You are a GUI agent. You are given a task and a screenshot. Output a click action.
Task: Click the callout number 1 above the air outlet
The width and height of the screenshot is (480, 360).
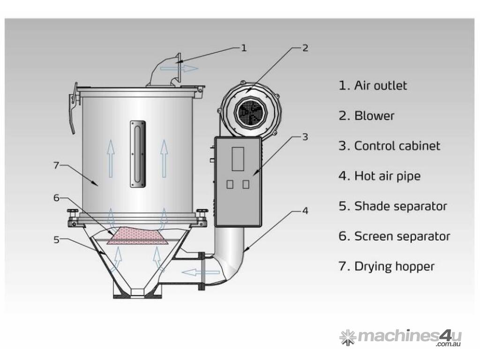click(x=244, y=48)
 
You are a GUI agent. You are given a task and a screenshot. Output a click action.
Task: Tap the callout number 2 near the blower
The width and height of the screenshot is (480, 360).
click(x=305, y=48)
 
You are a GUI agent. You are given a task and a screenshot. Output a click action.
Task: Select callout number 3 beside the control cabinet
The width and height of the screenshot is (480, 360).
click(x=305, y=137)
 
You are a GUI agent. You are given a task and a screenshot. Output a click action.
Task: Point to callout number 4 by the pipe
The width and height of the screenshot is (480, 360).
click(x=305, y=210)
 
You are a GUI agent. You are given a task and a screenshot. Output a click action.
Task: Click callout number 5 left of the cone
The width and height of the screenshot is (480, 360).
click(x=56, y=240)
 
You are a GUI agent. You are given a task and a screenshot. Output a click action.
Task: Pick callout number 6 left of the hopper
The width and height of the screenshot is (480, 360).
click(x=56, y=198)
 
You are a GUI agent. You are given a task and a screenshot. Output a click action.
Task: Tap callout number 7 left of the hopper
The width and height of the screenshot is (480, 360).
click(x=56, y=165)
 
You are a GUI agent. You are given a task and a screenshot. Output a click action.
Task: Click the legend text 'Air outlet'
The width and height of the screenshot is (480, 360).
click(x=381, y=85)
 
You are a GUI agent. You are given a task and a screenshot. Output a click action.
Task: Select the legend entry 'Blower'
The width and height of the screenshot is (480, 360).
click(x=374, y=116)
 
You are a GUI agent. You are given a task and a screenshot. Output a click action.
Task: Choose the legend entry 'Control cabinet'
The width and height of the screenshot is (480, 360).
click(x=397, y=146)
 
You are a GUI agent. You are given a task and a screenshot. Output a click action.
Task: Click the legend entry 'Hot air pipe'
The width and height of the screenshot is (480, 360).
click(x=387, y=176)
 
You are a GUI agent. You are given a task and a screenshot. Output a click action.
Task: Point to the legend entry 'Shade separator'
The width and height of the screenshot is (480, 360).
click(x=401, y=206)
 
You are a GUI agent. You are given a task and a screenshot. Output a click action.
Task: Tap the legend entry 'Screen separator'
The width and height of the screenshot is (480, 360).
click(x=402, y=237)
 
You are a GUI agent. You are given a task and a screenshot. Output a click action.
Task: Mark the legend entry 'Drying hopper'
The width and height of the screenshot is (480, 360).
click(x=394, y=267)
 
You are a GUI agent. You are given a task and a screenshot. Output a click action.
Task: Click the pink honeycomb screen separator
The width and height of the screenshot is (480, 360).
click(x=138, y=236)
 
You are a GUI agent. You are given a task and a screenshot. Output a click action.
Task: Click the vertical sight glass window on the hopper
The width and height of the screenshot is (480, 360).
click(x=138, y=154)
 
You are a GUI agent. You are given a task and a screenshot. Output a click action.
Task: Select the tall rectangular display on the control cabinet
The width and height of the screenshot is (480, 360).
click(x=238, y=159)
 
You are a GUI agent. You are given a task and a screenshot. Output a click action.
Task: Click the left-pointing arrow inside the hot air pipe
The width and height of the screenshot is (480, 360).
click(x=201, y=272)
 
